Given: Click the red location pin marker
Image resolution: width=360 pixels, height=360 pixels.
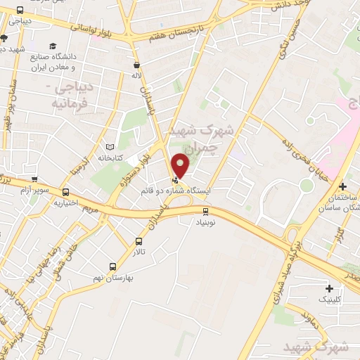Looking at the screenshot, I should click(x=181, y=165).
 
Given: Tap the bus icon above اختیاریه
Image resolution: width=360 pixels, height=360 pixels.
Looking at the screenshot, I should click(x=65, y=191).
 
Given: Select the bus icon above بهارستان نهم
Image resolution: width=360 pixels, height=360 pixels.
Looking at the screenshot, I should click(x=112, y=266).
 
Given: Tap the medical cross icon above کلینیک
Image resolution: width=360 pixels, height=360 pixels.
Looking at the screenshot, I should click(x=329, y=288).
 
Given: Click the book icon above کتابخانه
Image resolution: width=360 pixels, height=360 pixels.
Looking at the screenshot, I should click(x=109, y=147).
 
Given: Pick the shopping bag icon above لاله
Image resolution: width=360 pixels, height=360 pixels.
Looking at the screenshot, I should click(x=135, y=64).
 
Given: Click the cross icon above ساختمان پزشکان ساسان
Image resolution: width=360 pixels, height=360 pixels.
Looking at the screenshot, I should click(x=342, y=186).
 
